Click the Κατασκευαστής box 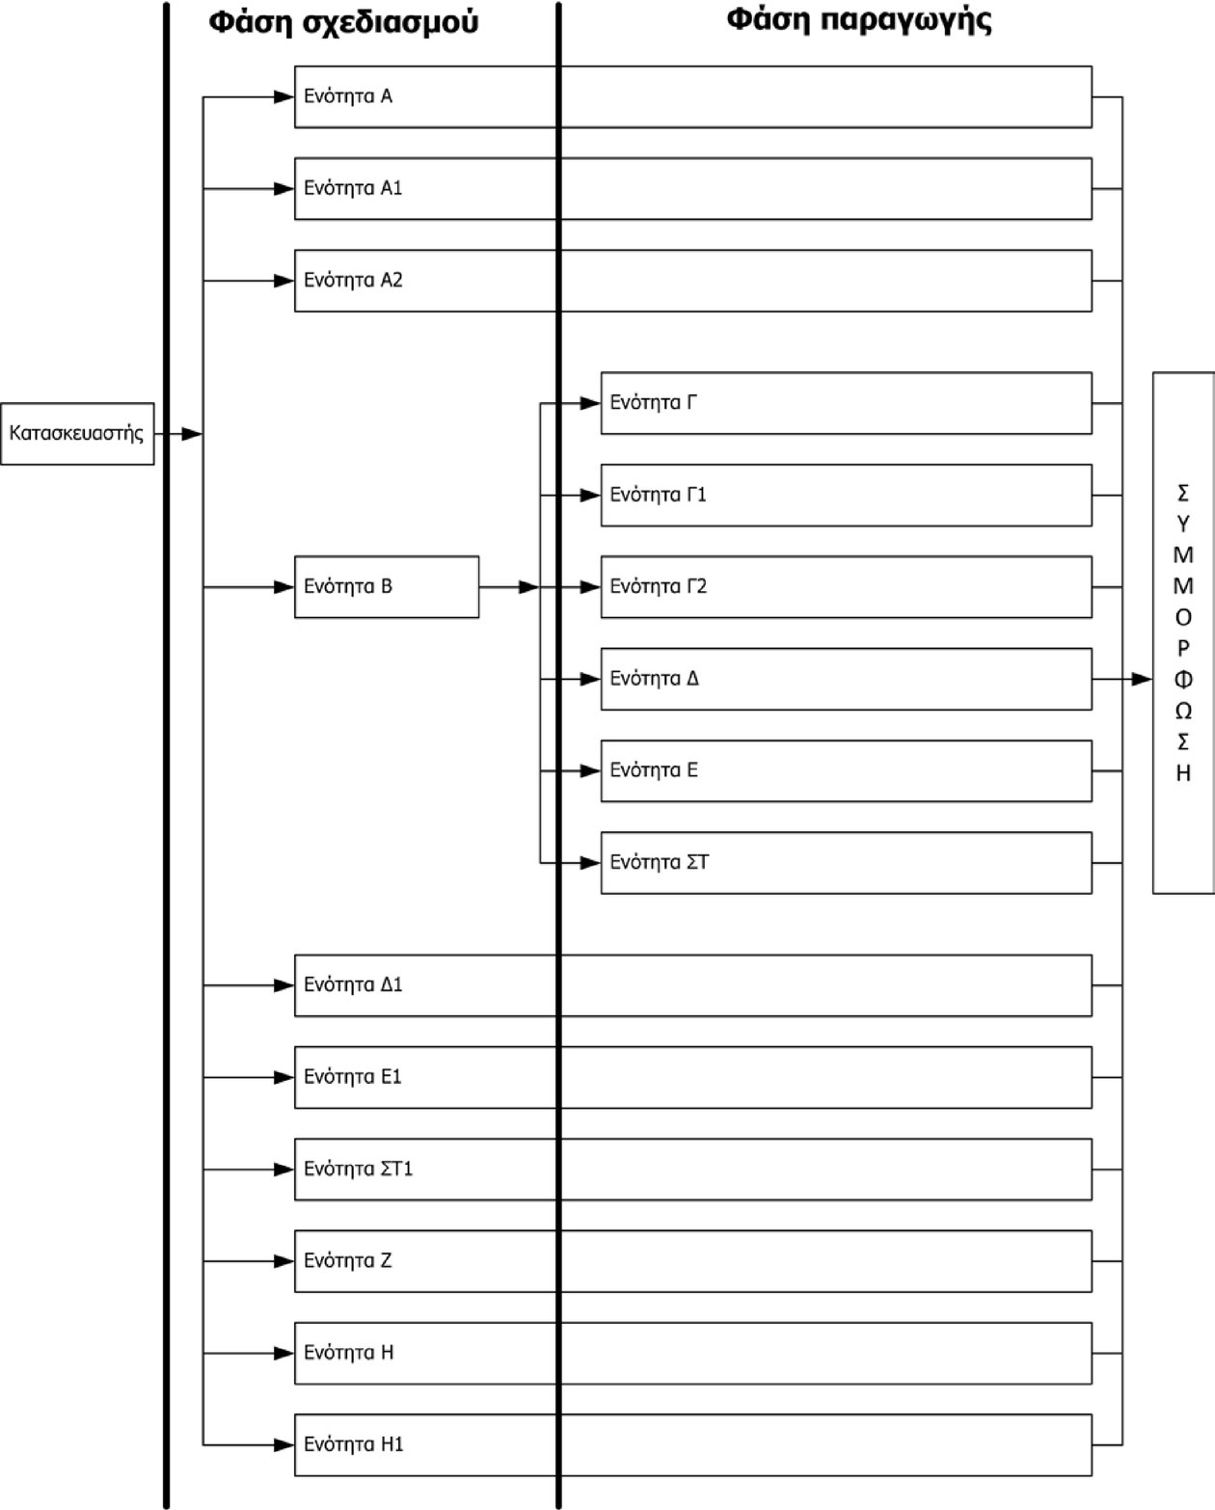point(77,434)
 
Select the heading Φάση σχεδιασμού point(343,22)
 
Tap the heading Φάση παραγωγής point(858,19)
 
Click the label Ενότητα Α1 point(353,188)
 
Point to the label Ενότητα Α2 point(353,280)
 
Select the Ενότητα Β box point(387,586)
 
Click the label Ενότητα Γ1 point(658,495)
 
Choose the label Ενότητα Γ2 point(659,586)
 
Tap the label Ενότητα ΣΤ point(660,862)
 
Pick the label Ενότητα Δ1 point(353,984)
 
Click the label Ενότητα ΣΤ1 point(358,1169)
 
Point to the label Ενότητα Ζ point(347,1260)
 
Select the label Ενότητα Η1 point(354,1444)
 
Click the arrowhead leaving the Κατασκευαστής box point(192,434)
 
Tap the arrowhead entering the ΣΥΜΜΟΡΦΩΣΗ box point(1142,679)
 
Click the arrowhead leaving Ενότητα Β point(529,586)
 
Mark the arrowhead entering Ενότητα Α point(284,96)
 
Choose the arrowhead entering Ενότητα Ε point(590,770)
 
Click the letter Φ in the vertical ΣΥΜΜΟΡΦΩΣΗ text point(1183,679)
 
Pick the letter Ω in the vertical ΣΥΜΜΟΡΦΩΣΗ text point(1183,711)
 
